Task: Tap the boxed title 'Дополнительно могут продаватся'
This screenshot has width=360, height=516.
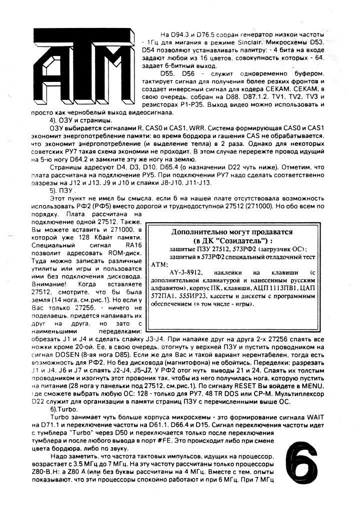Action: tap(231, 232)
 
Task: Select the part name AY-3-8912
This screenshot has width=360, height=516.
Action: tap(185, 273)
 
